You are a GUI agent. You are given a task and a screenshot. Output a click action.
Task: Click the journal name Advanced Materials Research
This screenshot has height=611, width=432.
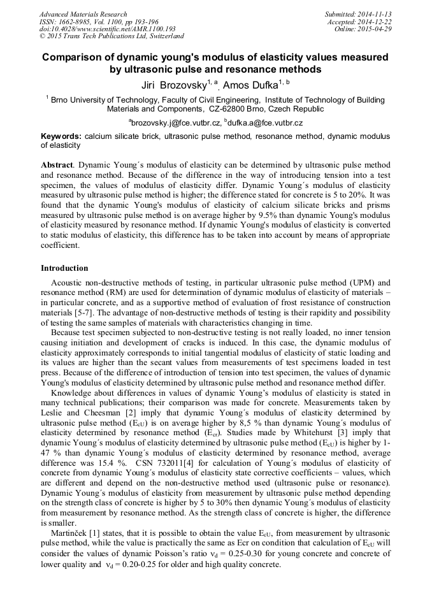(83, 14)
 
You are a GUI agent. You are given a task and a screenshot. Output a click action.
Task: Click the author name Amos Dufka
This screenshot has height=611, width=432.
(252, 84)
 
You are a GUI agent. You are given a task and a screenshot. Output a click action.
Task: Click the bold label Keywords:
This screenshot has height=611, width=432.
(61, 136)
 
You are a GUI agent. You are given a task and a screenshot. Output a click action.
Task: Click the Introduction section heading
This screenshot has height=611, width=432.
(64, 268)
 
